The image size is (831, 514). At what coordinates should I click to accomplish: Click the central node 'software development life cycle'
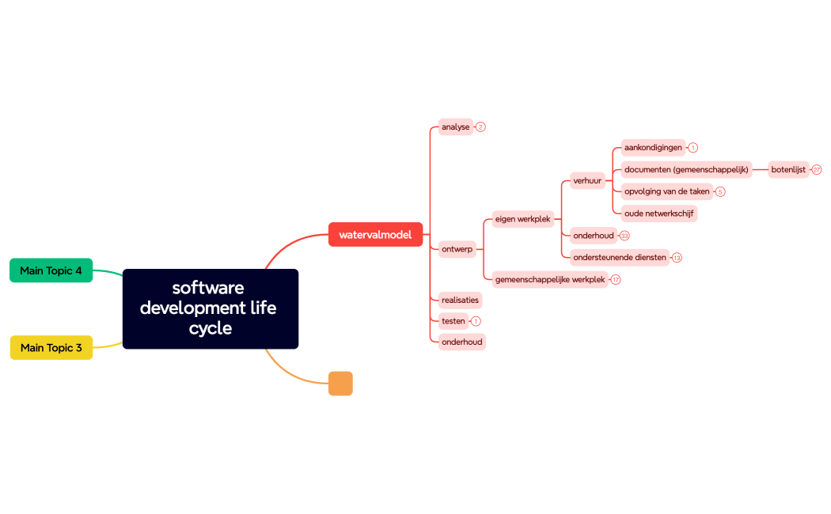tap(211, 308)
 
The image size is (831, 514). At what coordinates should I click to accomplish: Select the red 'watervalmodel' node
tap(375, 235)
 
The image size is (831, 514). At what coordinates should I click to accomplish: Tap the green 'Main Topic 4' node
tap(51, 270)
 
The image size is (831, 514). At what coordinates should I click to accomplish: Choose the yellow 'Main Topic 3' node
tap(51, 348)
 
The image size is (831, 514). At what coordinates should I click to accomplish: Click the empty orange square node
tap(340, 384)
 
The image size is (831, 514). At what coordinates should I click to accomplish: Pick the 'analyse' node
tap(456, 127)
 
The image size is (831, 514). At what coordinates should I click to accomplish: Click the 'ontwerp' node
tap(457, 249)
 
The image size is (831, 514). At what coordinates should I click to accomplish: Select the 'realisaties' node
tap(460, 300)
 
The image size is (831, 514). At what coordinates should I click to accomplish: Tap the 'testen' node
tap(453, 321)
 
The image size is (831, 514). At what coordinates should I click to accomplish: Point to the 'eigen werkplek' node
tap(522, 219)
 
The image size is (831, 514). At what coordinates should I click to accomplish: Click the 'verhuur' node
tap(587, 180)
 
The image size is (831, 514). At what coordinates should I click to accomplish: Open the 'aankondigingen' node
tap(653, 148)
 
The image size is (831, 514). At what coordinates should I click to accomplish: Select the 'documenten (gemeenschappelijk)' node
tap(686, 169)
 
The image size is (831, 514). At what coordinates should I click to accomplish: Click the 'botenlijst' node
tap(788, 169)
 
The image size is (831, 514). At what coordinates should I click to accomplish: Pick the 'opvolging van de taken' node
tap(667, 191)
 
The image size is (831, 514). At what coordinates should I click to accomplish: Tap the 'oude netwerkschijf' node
tap(659, 214)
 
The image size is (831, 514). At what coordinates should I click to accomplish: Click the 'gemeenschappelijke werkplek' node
tap(550, 279)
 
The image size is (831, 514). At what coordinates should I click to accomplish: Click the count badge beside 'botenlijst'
tap(817, 170)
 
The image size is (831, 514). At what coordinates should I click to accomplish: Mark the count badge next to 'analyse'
tap(480, 127)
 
